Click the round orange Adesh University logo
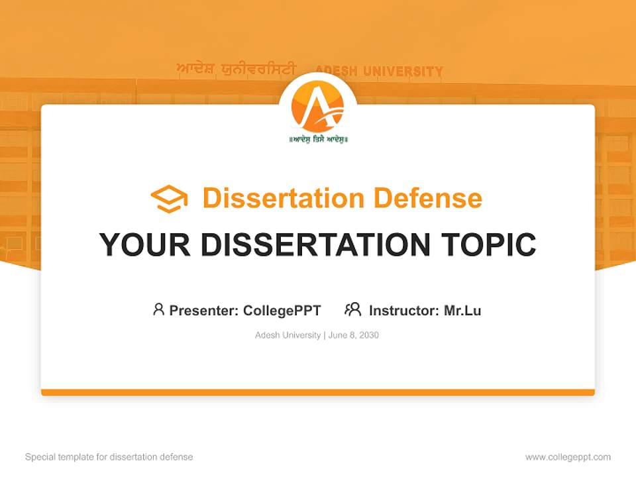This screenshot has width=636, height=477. [x=318, y=106]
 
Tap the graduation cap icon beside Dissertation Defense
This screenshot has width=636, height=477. [x=169, y=199]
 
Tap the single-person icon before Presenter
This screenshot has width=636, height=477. [x=158, y=309]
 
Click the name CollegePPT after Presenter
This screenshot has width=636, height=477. [x=282, y=310]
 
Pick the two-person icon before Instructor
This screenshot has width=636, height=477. [x=352, y=309]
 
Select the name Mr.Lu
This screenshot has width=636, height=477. [x=462, y=310]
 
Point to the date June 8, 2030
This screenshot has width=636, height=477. [x=354, y=335]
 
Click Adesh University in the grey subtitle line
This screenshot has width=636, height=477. [x=288, y=335]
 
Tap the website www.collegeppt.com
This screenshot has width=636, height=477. [x=568, y=457]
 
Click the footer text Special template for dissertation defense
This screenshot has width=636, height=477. [x=109, y=457]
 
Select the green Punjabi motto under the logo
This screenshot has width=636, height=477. [x=318, y=139]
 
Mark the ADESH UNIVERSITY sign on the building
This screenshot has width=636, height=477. [x=379, y=71]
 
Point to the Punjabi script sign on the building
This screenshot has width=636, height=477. [x=235, y=70]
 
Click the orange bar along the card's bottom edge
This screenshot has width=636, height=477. [x=318, y=392]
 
